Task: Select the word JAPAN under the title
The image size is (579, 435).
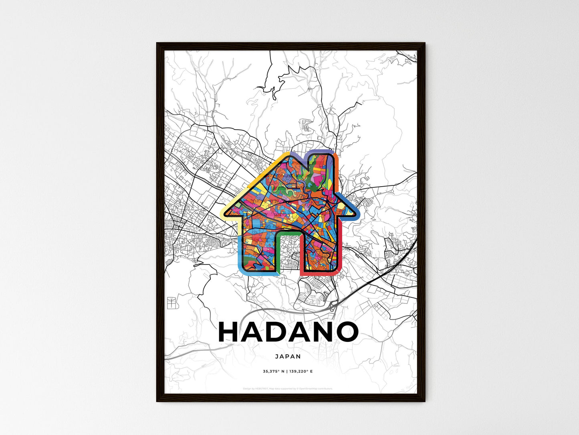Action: [288, 356]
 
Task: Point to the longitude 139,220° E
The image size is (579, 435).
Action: [301, 371]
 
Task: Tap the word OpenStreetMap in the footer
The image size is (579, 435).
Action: [309, 389]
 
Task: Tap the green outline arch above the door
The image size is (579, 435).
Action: [288, 232]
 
